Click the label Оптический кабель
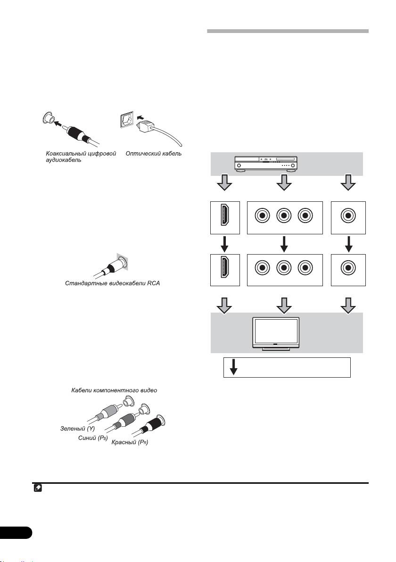coord(154,154)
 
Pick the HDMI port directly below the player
coord(224,217)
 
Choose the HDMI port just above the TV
coord(224,269)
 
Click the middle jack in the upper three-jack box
coord(283,217)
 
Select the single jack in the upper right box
coord(348,217)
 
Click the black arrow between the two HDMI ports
coord(224,243)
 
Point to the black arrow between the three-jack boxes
coord(283,243)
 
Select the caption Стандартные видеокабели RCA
coord(112,284)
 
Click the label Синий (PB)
coord(93,438)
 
